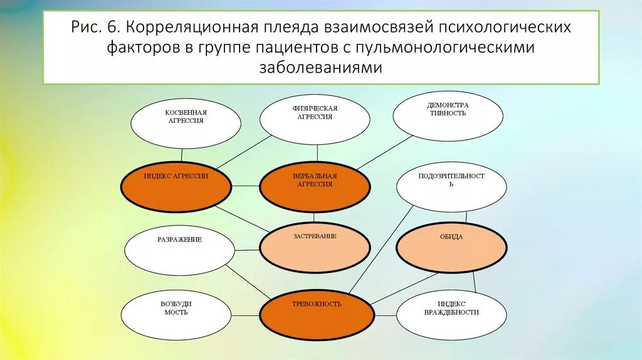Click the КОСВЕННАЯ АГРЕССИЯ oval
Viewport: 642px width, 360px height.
click(x=186, y=124)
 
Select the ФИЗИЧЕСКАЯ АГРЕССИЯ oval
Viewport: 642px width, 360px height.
click(x=315, y=119)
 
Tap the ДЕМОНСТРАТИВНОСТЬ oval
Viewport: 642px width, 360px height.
click(x=448, y=116)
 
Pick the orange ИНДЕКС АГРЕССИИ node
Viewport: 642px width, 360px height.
click(x=176, y=186)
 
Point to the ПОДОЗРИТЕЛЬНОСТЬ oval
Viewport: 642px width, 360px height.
click(x=451, y=186)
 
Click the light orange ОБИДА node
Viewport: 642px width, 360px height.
click(x=451, y=246)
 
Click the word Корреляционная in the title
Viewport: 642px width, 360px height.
click(x=178, y=28)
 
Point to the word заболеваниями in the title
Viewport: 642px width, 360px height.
click(x=320, y=67)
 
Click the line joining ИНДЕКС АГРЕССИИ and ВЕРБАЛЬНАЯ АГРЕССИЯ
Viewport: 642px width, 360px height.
click(x=245, y=186)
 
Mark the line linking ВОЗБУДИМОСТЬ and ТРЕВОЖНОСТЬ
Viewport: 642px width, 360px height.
click(x=245, y=314)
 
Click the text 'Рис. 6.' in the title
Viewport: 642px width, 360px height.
click(x=100, y=28)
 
